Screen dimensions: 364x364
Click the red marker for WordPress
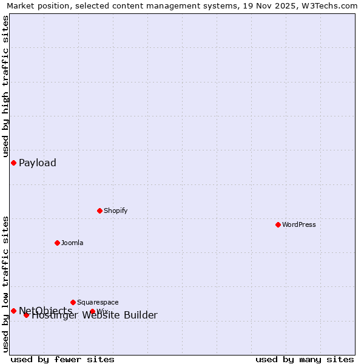pos(278,224)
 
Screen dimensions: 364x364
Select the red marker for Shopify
pos(99,211)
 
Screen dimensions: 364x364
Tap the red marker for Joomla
pos(57,243)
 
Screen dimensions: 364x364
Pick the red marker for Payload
pos(13,163)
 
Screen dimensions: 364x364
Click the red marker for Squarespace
pos(73,302)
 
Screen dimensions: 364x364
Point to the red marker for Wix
pos(92,311)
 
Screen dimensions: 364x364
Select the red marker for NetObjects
pos(13,311)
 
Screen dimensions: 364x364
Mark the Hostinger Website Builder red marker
pos(26,315)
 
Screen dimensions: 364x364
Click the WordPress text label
pos(299,224)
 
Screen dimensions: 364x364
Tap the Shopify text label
pos(115,211)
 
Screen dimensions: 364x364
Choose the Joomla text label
pos(72,243)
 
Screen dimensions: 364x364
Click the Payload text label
pos(38,163)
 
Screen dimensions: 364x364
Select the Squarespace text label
pos(98,302)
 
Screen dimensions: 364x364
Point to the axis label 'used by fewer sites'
pos(62,359)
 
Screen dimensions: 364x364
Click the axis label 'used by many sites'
pos(305,359)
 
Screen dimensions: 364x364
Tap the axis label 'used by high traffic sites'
pos(5,86)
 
